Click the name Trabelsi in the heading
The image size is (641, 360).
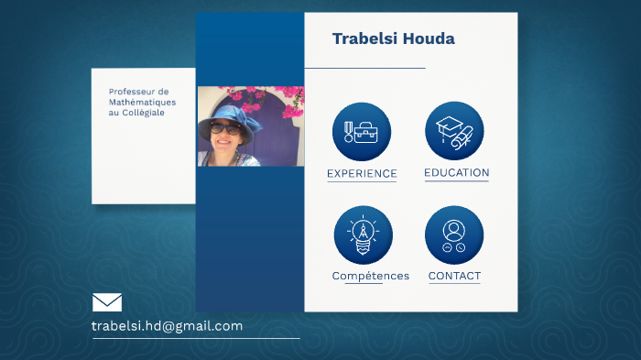[362, 38]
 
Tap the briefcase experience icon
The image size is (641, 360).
[362, 132]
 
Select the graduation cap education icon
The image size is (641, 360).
[454, 131]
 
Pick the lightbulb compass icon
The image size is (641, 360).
[363, 235]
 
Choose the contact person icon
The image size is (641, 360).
[454, 235]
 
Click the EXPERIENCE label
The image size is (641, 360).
[362, 173]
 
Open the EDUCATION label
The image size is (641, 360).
[456, 172]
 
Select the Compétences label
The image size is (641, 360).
[370, 276]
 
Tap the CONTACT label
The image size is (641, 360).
[454, 276]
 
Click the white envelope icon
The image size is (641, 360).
[107, 302]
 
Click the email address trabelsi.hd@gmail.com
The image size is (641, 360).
[167, 326]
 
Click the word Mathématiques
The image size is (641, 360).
[142, 102]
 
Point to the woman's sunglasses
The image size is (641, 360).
[225, 130]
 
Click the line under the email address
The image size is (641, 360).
[195, 339]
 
